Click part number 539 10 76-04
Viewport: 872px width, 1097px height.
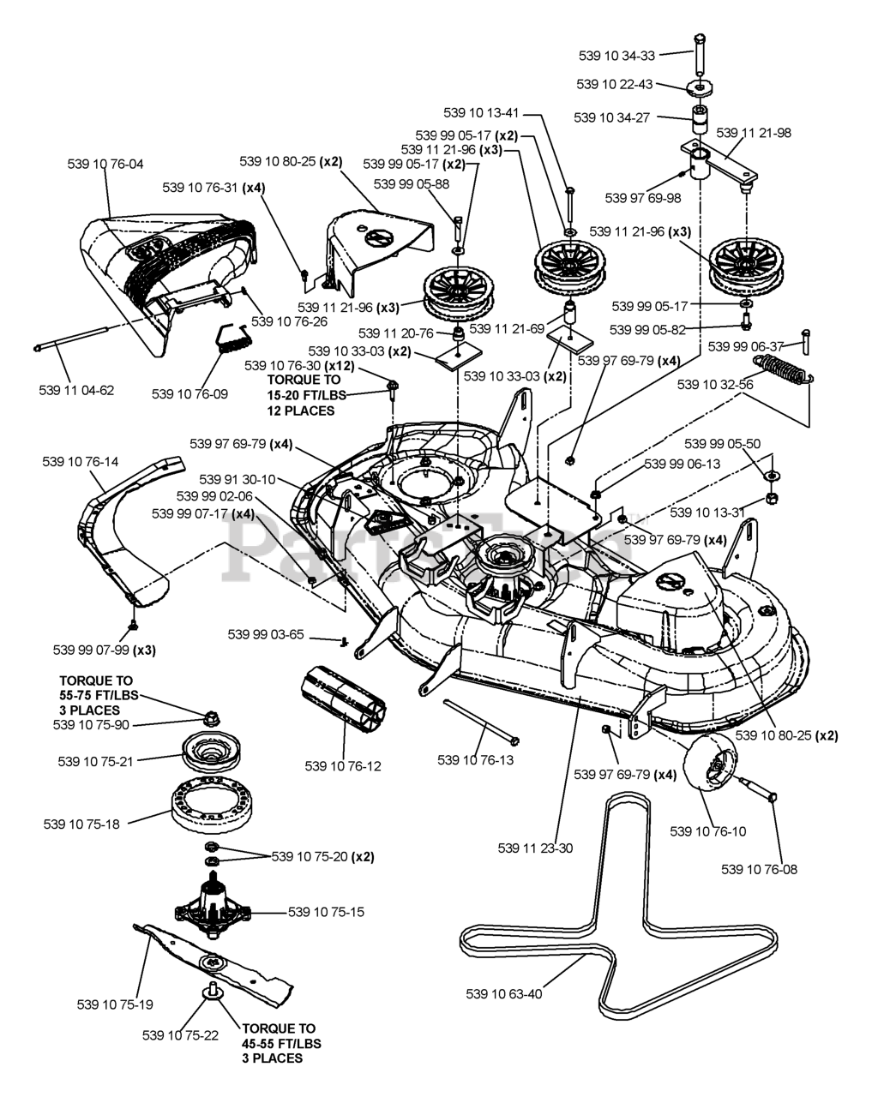[105, 164]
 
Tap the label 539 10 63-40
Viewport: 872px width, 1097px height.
[504, 994]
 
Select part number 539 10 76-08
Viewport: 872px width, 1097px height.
[759, 869]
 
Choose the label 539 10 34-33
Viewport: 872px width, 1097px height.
[616, 56]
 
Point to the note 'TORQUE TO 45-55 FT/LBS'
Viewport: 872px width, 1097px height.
[278, 1035]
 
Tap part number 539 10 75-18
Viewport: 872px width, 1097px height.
[81, 824]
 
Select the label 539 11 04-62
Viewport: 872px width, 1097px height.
[76, 390]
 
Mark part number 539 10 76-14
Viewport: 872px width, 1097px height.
[81, 461]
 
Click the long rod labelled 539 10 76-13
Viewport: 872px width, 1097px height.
[481, 721]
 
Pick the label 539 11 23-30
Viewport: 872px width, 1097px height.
[535, 848]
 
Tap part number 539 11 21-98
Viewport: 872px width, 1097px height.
[754, 133]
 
